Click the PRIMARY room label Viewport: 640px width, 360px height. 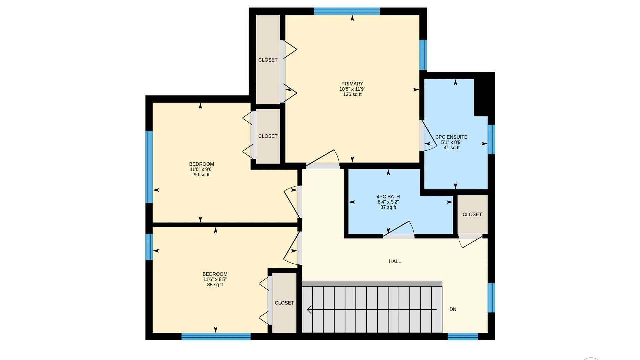point(352,84)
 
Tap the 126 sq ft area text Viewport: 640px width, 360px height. point(352,94)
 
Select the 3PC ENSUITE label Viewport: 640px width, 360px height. point(451,137)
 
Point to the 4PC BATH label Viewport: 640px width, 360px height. point(388,197)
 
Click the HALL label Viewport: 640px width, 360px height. point(395,261)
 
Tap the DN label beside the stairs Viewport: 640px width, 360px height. point(453,309)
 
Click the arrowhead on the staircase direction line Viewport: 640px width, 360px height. point(309,310)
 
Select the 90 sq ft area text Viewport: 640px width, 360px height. point(201,175)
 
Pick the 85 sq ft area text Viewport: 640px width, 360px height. point(215,285)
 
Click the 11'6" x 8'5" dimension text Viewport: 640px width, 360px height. point(215,279)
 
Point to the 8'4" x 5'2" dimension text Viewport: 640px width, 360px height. point(388,202)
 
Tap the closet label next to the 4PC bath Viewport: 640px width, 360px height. point(472,214)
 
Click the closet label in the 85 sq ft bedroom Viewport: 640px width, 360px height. point(284,303)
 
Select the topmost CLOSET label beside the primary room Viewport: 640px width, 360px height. point(268,60)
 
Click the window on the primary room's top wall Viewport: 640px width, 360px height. point(347,11)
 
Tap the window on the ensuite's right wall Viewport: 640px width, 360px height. point(491,139)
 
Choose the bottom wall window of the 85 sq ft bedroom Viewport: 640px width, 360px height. point(216,336)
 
